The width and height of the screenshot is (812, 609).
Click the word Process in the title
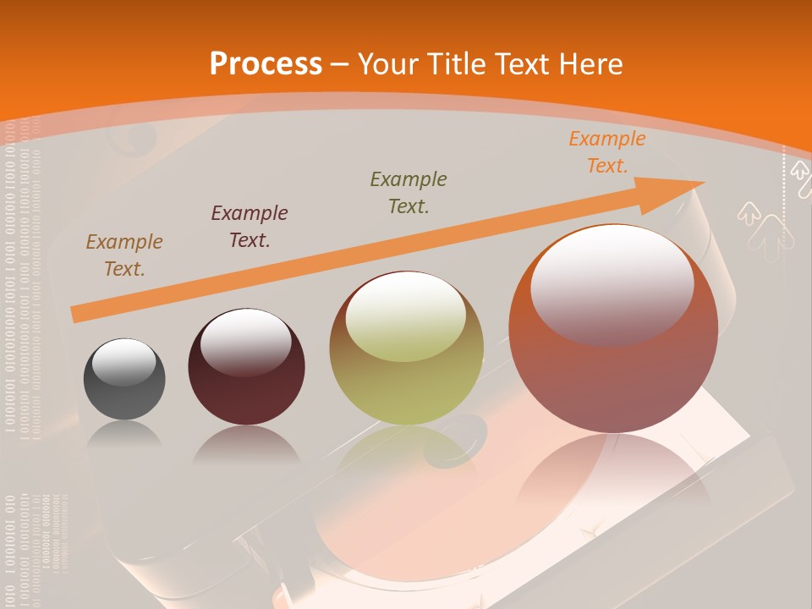pos(266,64)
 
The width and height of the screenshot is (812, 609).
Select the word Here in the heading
pos(592,64)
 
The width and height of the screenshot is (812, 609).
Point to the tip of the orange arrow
pos(702,183)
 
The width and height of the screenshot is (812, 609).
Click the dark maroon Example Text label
pos(250,227)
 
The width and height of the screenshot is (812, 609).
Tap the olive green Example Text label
pos(409,192)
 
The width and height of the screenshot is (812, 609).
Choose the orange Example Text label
pos(607,152)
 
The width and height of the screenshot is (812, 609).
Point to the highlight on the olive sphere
pos(406,315)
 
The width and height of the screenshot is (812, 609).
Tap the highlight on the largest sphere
pos(612,283)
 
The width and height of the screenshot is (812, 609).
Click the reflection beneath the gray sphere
pos(124,435)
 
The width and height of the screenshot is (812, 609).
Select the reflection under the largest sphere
pos(613,474)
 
